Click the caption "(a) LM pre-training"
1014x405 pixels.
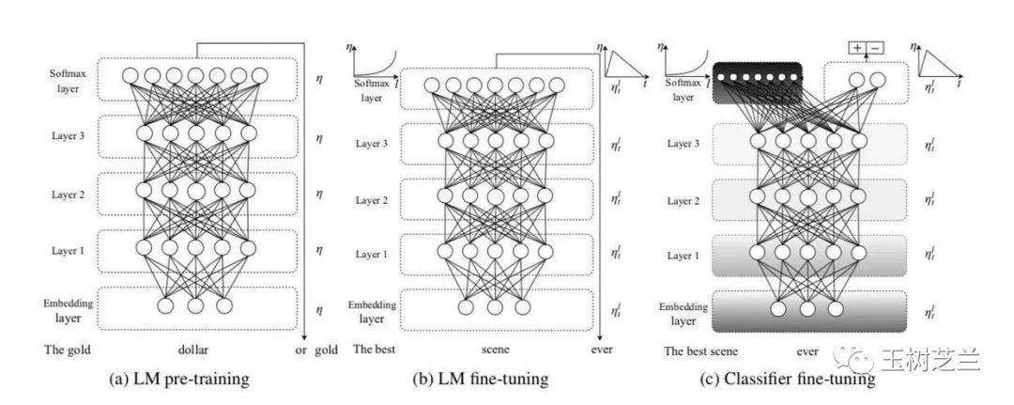179,380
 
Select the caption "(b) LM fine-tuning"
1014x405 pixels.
481,380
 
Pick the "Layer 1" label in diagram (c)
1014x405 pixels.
682,256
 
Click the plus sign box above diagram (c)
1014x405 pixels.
858,47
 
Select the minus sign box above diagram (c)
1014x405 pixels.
875,47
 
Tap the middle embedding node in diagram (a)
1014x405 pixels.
195,304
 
